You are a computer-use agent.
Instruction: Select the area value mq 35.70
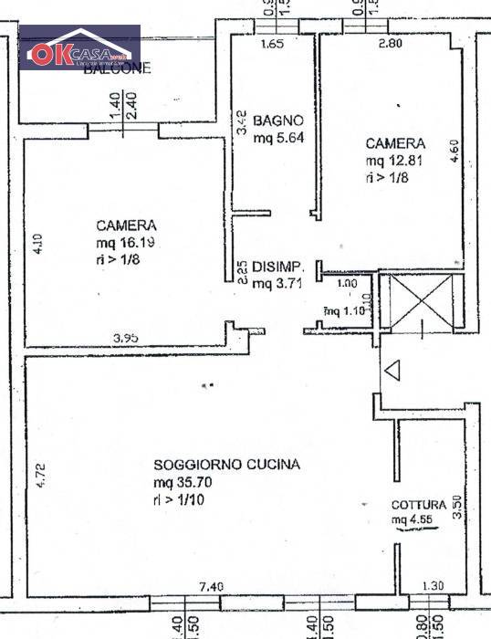[183, 483]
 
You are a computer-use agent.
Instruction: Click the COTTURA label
[419, 505]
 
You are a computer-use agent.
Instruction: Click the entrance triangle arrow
[392, 372]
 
